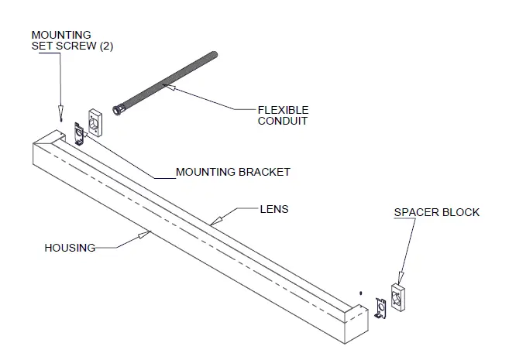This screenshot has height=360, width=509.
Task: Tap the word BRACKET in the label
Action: pyautogui.click(x=265, y=172)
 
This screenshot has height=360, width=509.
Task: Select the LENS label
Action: pyautogui.click(x=273, y=209)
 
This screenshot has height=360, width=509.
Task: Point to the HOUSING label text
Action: pyautogui.click(x=70, y=248)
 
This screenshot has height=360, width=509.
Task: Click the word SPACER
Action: pyautogui.click(x=414, y=212)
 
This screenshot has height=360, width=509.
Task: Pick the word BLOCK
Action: pyautogui.click(x=462, y=212)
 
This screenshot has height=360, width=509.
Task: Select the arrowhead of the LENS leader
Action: pyautogui.click(x=213, y=224)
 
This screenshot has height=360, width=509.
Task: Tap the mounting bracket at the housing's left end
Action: pyautogui.click(x=79, y=132)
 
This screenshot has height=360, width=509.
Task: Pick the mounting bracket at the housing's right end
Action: pyautogui.click(x=380, y=307)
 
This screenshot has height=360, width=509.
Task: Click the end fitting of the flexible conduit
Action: pyautogui.click(x=119, y=110)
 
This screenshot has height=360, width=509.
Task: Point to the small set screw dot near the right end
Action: pyautogui.click(x=361, y=293)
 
